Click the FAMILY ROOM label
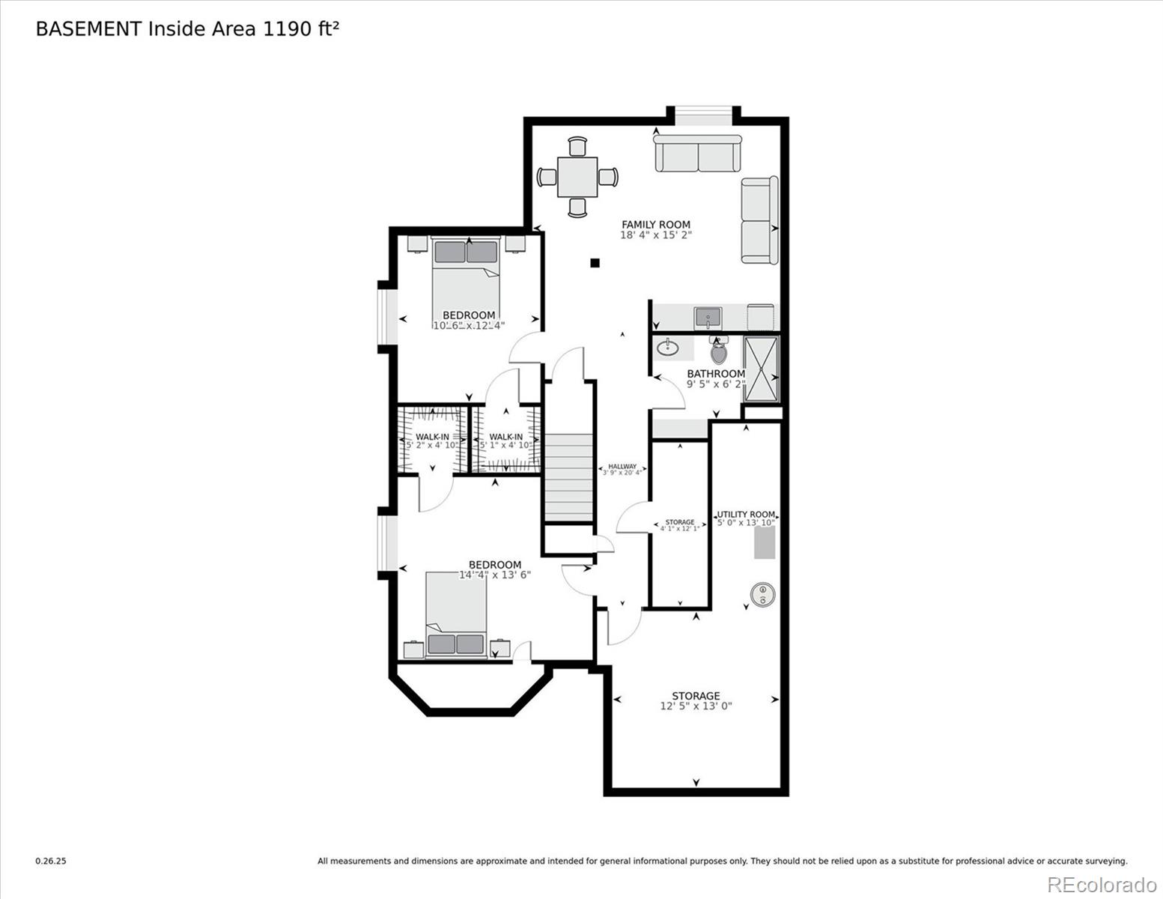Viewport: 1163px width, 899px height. [656, 224]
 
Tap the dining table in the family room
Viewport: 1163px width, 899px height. [577, 177]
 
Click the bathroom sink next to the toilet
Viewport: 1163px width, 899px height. [666, 348]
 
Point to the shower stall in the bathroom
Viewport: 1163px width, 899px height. [761, 369]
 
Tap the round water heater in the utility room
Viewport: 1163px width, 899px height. [762, 595]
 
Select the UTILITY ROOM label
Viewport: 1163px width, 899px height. [746, 515]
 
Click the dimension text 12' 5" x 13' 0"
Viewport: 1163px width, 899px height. [696, 706]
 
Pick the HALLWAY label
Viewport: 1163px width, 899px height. [622, 466]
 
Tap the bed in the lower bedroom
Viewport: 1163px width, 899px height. [456, 614]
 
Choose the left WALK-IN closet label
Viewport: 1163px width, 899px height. [432, 437]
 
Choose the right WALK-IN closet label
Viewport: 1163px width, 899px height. [506, 437]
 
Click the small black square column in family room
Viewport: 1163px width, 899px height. [595, 263]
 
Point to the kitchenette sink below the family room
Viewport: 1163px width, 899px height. [708, 318]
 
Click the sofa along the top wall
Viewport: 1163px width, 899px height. [698, 154]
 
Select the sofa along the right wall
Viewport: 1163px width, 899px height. [759, 220]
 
